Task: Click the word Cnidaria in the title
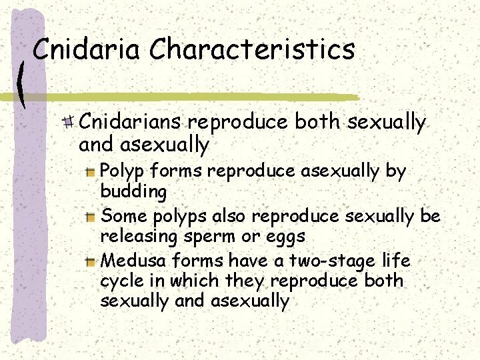coord(87,49)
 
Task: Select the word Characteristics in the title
coord(252,49)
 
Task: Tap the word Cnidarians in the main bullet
coord(131,123)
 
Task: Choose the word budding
coord(133,192)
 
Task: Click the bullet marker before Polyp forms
coord(91,172)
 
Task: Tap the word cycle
coord(120,281)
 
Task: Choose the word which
coord(193,281)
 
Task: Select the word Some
coord(125,215)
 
